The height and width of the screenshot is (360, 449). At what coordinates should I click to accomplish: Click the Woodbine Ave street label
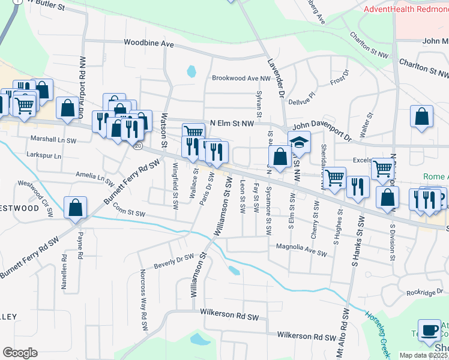point(148,44)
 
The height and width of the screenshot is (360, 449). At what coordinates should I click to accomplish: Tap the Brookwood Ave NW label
point(241,78)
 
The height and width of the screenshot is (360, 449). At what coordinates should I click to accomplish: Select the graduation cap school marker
point(298,143)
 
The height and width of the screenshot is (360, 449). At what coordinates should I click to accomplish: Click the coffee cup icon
point(430,331)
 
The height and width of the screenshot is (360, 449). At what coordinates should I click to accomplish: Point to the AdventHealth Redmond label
point(406,9)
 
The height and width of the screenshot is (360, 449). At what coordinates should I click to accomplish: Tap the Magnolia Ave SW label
point(301,246)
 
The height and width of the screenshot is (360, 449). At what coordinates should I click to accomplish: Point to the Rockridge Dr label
point(424,292)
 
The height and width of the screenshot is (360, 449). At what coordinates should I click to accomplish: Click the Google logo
point(20,352)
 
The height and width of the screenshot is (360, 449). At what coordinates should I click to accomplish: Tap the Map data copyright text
point(423,355)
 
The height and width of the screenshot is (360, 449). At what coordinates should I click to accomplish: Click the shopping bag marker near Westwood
point(76,208)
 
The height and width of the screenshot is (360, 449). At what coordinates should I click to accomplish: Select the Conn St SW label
point(129,209)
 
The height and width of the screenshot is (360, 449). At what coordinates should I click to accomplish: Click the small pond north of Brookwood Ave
point(191,71)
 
